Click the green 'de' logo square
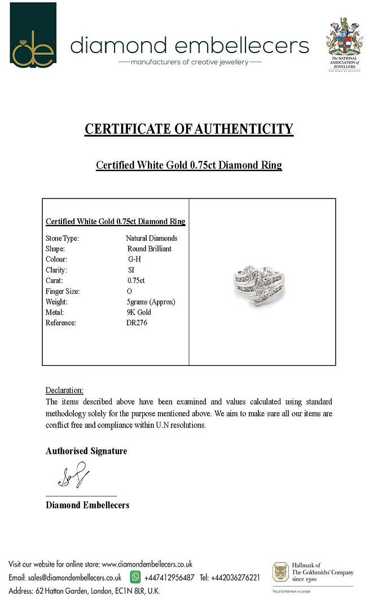[33, 35]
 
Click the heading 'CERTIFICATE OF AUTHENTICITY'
[189, 129]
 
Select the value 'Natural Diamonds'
[151, 239]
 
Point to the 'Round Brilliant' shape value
[150, 249]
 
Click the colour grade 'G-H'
[135, 259]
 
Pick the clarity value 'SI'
[131, 270]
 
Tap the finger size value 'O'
[130, 292]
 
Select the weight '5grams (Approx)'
[151, 302]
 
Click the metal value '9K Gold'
[139, 312]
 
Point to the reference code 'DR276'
[137, 323]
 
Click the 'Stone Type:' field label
[62, 239]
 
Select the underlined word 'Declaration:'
[64, 390]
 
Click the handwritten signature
[73, 475]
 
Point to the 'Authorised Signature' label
[86, 451]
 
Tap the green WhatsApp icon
[135, 577]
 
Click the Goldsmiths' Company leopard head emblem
[280, 572]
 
